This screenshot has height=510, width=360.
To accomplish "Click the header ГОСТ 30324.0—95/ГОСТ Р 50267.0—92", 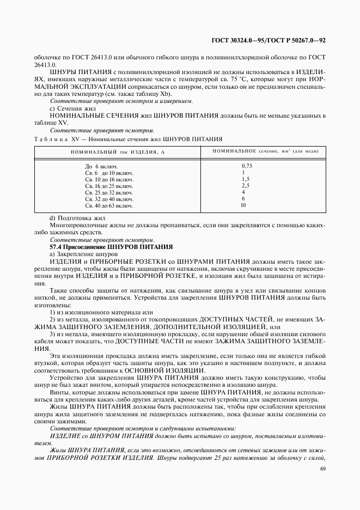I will (x=268, y=40).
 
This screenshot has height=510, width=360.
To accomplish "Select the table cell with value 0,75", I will (x=246, y=165).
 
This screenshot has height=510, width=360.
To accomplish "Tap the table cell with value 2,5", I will (x=245, y=185).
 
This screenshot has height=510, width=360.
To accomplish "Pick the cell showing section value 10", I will (x=243, y=205).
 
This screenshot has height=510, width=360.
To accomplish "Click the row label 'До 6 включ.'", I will (x=101, y=166).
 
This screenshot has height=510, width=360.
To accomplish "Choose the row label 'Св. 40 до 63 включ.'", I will (x=109, y=206).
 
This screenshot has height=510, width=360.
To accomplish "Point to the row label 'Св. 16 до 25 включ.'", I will (x=109, y=186).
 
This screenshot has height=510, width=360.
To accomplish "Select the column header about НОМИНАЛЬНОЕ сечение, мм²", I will (x=261, y=150).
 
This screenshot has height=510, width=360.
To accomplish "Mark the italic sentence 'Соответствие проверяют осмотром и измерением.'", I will (x=121, y=101).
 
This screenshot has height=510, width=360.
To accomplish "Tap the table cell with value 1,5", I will (x=245, y=179).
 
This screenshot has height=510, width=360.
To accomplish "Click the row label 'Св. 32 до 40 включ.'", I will (x=109, y=199).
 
